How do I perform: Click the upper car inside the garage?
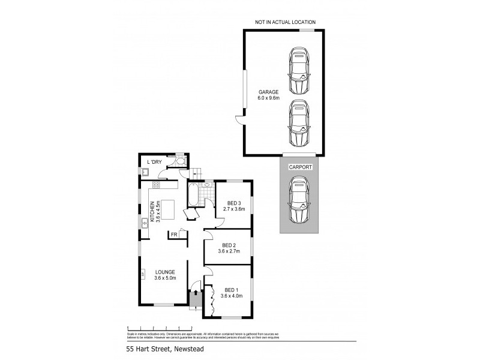tap(299, 71)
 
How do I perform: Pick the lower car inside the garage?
tap(299, 123)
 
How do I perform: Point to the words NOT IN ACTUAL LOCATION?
tap(284, 22)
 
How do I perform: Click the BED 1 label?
tap(231, 290)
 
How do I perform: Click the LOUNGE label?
tap(164, 272)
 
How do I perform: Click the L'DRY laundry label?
tap(154, 162)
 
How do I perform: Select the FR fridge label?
tap(174, 234)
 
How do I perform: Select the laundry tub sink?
tap(145, 172)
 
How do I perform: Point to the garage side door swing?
tap(239, 119)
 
